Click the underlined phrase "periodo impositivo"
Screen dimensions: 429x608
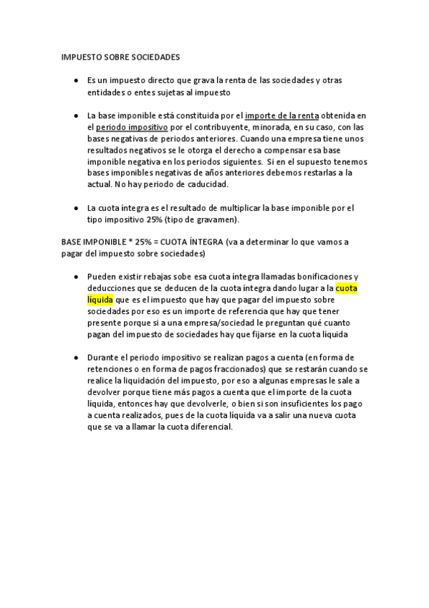click(x=125, y=127)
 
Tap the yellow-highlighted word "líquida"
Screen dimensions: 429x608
click(x=100, y=300)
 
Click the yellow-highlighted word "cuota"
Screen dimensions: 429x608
click(x=346, y=288)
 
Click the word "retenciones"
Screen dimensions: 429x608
click(x=112, y=369)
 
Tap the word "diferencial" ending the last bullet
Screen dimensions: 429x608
click(x=208, y=426)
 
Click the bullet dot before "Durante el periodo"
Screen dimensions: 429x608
click(x=76, y=357)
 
